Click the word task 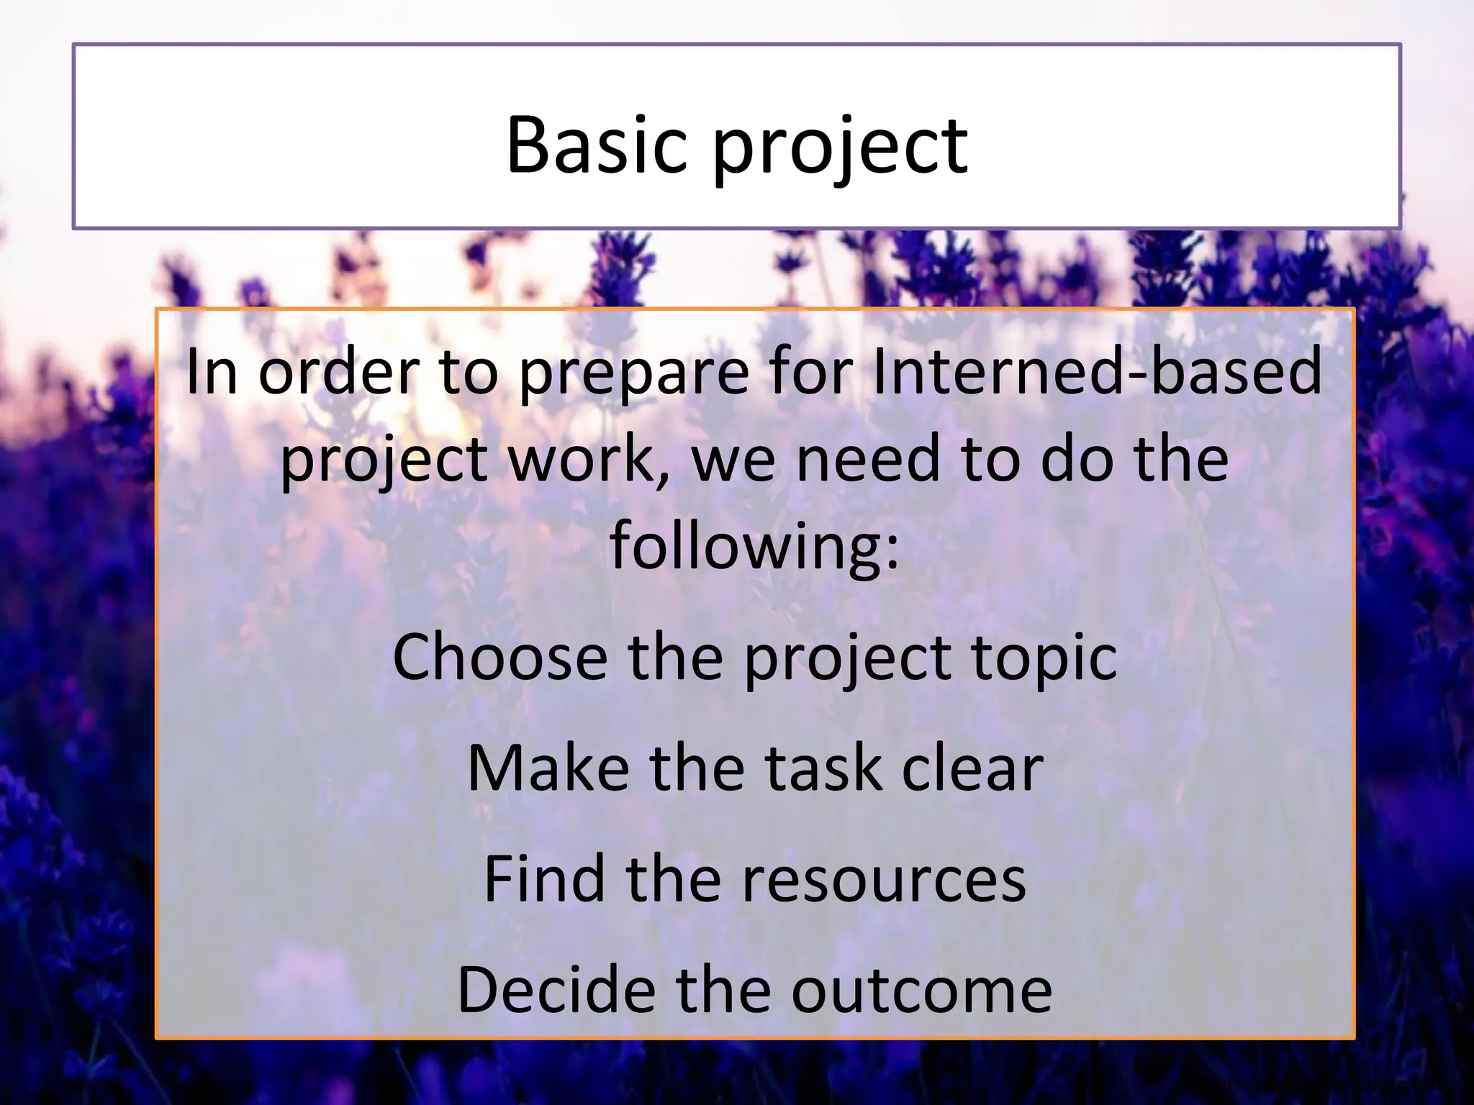click(x=813, y=768)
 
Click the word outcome click(x=921, y=991)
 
